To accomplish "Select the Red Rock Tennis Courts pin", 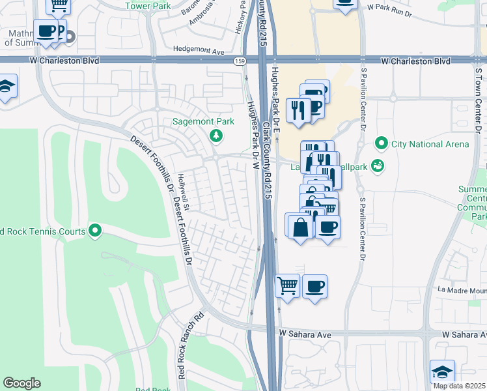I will pos(95,231).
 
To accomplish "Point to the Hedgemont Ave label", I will pos(199,50).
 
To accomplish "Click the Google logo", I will pos(21,383).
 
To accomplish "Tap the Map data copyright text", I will pos(460,386).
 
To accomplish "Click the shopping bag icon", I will pos(299,227).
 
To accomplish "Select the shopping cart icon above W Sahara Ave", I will pos(288,285).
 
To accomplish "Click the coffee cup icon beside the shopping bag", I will pos(328,227).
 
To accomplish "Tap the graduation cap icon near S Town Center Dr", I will pos(442,371).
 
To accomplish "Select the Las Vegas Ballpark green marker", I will pos(376,167).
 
